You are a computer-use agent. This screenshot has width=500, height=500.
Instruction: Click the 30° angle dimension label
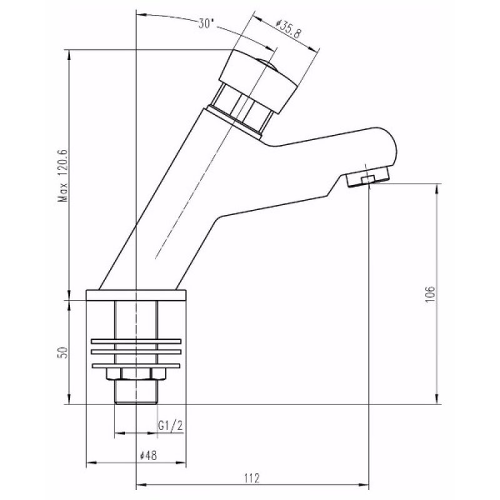(x=206, y=24)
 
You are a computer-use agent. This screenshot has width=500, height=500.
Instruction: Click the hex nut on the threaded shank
(x=136, y=374)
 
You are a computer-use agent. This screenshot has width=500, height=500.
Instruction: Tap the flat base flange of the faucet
(x=136, y=294)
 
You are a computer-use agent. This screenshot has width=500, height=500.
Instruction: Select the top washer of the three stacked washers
(x=136, y=342)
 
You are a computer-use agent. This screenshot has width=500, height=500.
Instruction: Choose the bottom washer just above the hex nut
(x=136, y=364)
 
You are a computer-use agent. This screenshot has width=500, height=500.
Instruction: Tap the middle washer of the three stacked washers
(x=136, y=353)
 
